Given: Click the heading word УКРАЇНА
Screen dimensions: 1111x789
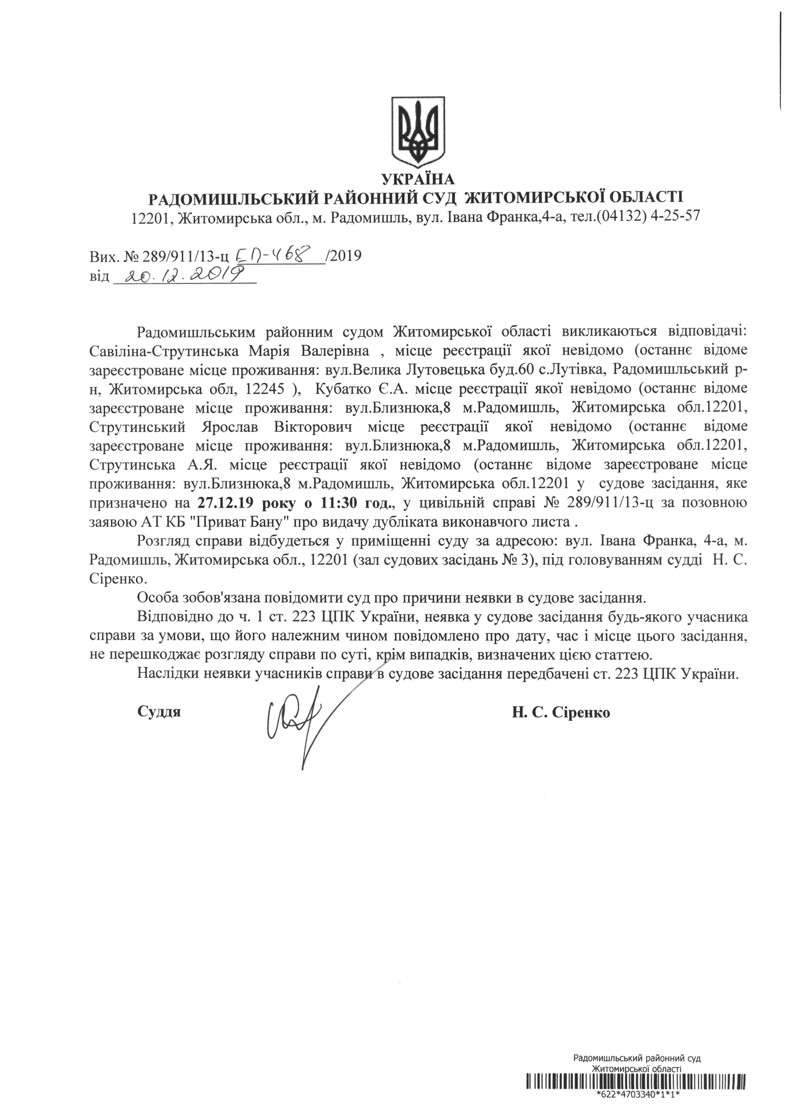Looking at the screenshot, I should (418, 180).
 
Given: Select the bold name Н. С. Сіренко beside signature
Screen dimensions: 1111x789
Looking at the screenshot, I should (561, 712).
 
